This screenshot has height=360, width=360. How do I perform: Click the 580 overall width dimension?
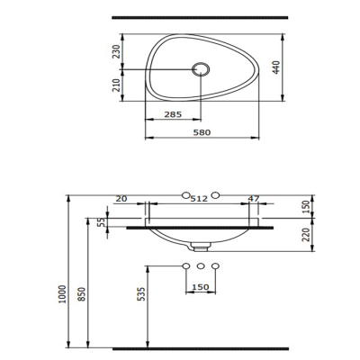pos(201,132)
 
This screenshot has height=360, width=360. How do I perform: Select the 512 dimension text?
pos(201,198)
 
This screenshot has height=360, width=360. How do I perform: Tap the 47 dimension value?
pos(254,198)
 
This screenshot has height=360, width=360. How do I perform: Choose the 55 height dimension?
pos(101,221)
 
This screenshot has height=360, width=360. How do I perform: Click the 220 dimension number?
pos(305,236)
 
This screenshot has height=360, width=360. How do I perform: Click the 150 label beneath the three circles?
pos(201,288)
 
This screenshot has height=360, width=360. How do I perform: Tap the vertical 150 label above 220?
pos(305,206)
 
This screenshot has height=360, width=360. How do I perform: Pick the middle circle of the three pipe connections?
pos(201,265)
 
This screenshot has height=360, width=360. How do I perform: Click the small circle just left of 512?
pos(186,196)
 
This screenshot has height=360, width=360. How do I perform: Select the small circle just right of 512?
pos(216,196)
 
